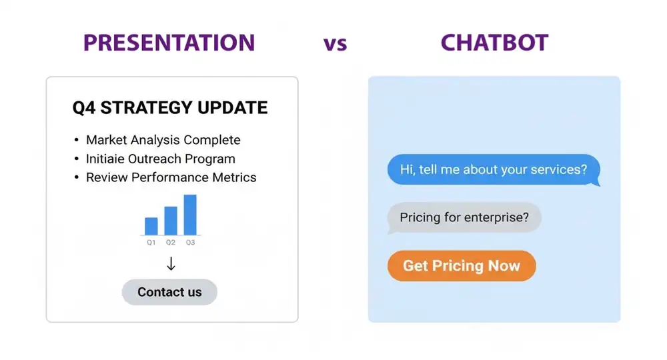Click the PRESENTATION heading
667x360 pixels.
coord(169,43)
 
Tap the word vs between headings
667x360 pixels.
coord(336,44)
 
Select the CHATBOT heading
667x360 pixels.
coord(494,43)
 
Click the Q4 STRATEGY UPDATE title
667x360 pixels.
coord(169,108)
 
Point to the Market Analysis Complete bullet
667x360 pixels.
coord(163,140)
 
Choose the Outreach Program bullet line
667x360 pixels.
coord(160,159)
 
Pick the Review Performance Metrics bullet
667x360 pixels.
coord(171,177)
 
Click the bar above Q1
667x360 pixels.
coord(151,226)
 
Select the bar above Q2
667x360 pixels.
coord(171,221)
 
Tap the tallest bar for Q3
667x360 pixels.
coord(190,215)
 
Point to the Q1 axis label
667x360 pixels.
coord(151,243)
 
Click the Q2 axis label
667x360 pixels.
coord(171,243)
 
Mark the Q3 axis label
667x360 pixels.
coord(190,243)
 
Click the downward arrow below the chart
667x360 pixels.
coord(171,264)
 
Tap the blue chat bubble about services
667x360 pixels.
coord(493,169)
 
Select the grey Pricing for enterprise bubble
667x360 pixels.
coord(464,217)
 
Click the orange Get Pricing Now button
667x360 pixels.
coord(462,265)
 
